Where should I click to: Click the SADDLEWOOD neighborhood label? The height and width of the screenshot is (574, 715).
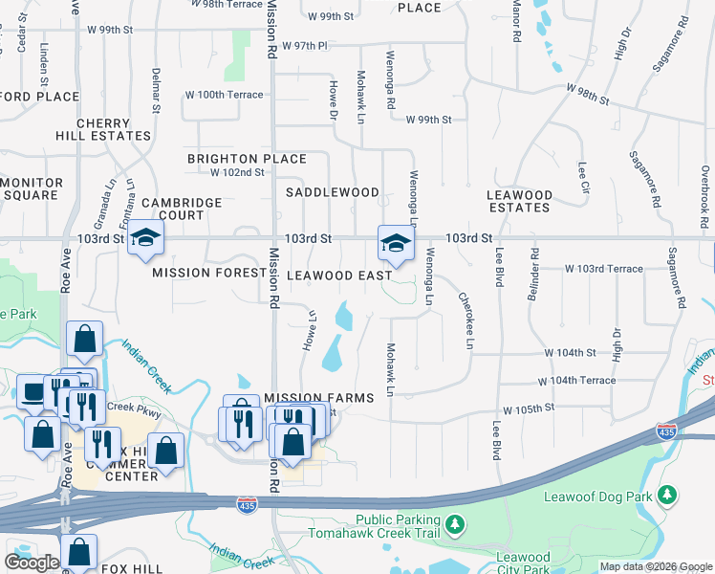[334, 192]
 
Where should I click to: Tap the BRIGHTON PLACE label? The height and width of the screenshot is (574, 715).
[247, 159]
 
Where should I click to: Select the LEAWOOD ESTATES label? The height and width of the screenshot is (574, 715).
[519, 201]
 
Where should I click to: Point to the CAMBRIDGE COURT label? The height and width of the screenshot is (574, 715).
[182, 209]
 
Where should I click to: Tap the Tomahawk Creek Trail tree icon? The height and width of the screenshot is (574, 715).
[456, 523]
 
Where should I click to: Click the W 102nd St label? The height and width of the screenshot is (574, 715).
[237, 172]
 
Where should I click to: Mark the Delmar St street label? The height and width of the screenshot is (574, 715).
[155, 89]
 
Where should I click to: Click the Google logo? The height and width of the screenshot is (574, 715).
[32, 562]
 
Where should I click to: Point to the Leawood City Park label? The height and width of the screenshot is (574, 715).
[523, 563]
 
